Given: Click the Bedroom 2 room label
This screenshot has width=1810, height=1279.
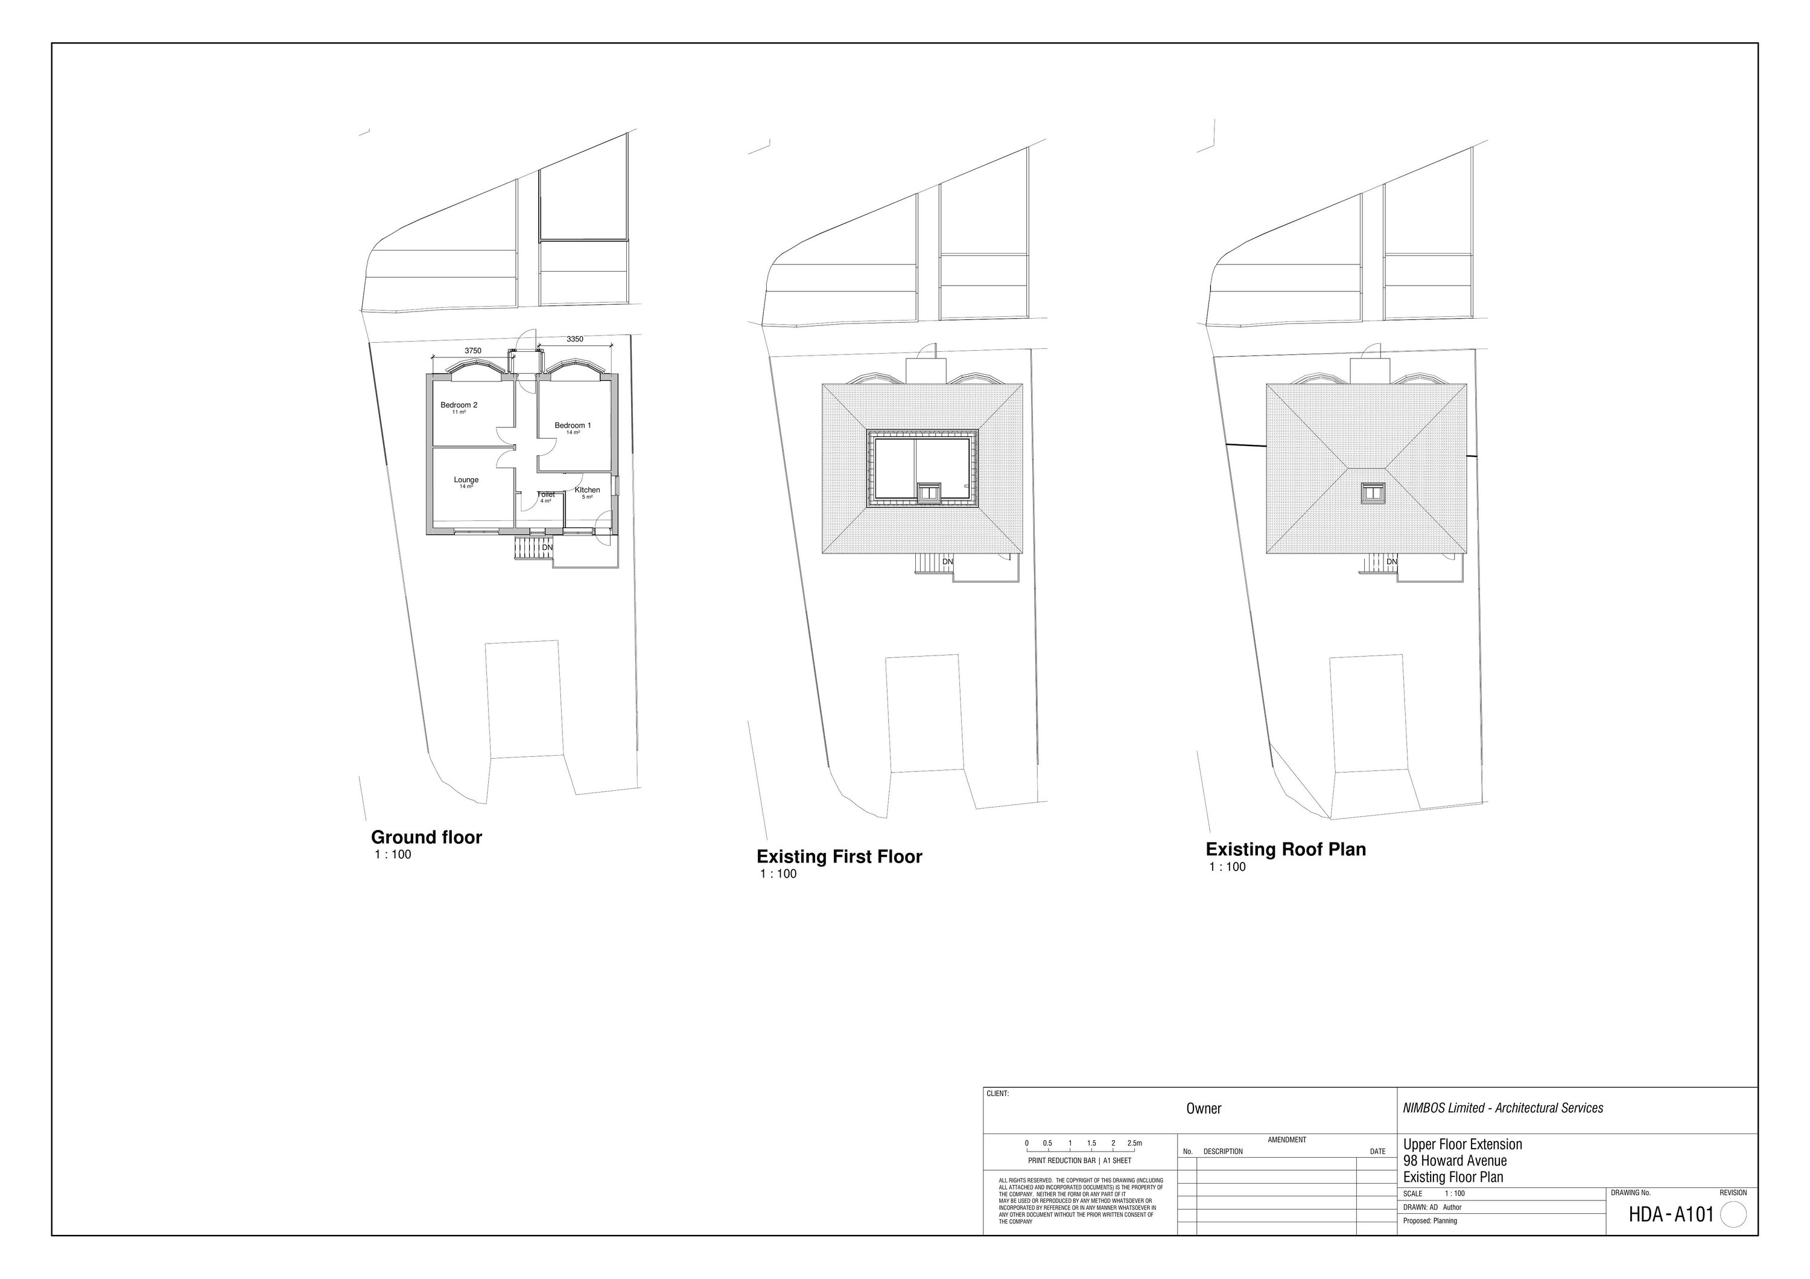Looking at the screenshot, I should pos(459,405).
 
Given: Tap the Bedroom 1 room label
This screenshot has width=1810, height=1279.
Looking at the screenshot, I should pos(573,426).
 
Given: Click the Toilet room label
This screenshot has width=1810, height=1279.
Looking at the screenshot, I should pos(546,495).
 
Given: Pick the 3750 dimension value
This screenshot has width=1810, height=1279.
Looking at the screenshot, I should pos(472,351).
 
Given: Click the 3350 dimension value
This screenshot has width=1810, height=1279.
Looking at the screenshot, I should pos(575,340).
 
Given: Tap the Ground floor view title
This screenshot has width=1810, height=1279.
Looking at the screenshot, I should pos(427,837).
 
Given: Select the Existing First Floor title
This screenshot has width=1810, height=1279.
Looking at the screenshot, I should pos(839,856).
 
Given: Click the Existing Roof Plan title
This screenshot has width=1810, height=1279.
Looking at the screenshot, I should pos(1286,849).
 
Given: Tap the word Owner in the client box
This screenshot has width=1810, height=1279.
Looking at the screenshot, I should pos(1204,1109).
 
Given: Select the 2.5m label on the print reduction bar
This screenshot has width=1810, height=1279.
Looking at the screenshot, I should pos(1134,1143).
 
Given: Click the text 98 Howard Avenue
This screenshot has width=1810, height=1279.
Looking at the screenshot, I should pos(1455,1161).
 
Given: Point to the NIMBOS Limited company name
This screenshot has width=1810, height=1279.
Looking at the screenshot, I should pos(1502,1108).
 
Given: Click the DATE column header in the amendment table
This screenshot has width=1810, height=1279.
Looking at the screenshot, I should pos(1377,1151).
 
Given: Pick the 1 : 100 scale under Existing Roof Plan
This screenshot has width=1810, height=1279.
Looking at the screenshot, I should pos(1227,867).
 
